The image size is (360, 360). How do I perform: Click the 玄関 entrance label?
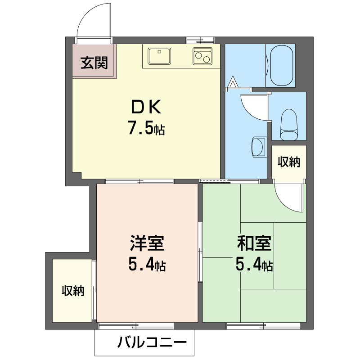pos(94,63)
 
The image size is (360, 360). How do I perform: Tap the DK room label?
pos(145,108)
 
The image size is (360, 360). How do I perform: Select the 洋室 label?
pos(147,243)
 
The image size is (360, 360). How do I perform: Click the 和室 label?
pos(254,243)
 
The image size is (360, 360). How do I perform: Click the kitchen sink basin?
pos(158,56)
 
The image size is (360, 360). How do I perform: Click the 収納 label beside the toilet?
pos(288,162)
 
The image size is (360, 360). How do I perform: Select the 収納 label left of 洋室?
pos(73,291)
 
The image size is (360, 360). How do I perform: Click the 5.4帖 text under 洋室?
pos(147,265)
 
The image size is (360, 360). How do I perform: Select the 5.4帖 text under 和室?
pos(254,265)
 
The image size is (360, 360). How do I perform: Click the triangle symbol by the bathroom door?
pos(233,82)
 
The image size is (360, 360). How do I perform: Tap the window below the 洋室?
pos(136,325)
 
